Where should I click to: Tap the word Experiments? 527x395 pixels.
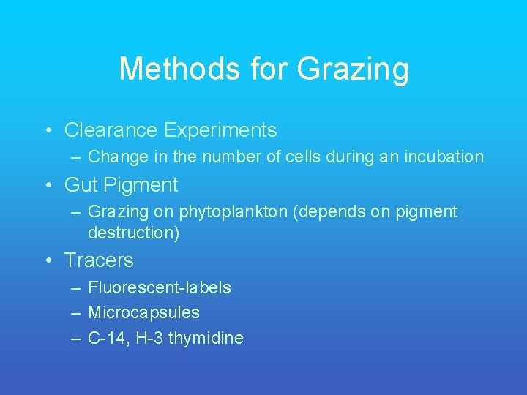[x=220, y=131]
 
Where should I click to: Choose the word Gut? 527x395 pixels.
[x=81, y=185]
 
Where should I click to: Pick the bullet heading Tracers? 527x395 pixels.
[x=99, y=260]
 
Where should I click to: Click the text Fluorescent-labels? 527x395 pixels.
[x=159, y=287]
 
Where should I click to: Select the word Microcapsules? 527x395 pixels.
[x=143, y=312]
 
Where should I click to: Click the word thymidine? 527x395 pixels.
[x=209, y=338]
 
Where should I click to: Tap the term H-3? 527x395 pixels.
[x=148, y=338]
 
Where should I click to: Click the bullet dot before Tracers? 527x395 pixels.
[x=48, y=260]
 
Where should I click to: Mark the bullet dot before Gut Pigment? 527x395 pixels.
[x=48, y=186]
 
